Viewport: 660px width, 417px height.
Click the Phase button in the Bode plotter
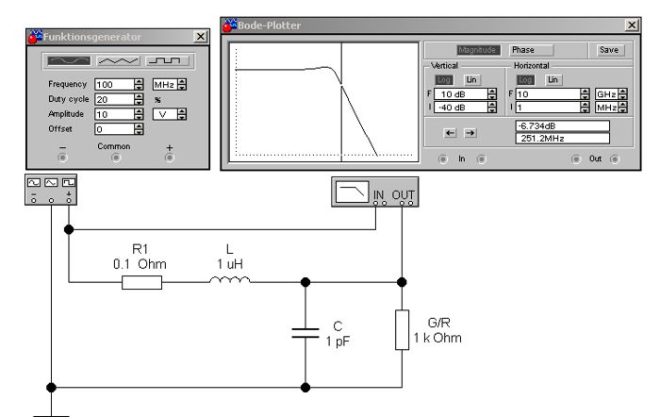(x=531, y=49)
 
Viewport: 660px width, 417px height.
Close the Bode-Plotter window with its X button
(x=631, y=25)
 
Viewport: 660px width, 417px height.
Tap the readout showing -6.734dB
(x=562, y=125)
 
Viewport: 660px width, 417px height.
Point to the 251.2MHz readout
(x=562, y=138)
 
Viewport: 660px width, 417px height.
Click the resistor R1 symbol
(x=142, y=281)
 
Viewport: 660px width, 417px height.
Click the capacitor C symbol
(x=305, y=333)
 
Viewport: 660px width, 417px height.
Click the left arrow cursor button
(x=450, y=133)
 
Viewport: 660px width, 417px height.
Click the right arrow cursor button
(x=469, y=133)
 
